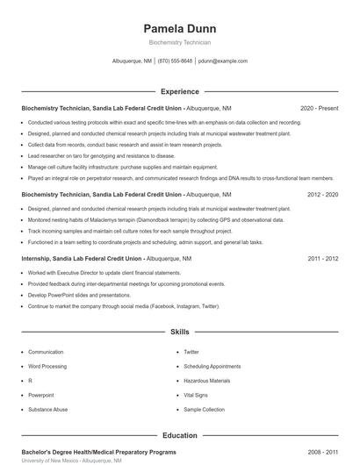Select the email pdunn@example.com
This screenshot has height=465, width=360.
point(222,61)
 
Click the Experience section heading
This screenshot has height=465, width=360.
point(179,91)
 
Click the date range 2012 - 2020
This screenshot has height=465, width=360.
point(322,194)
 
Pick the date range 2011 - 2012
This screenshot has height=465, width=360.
point(322,259)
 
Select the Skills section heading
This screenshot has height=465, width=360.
point(179,333)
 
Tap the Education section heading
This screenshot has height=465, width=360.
point(179,435)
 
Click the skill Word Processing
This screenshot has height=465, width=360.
point(47,366)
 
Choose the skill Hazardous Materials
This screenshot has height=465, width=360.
point(207,381)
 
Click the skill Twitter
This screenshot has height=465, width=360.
point(191,351)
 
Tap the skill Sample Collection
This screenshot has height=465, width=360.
point(205,410)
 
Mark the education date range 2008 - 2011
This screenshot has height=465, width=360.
point(322,451)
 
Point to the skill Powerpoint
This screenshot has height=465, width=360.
point(41,395)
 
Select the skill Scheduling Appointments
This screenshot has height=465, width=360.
point(212,366)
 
